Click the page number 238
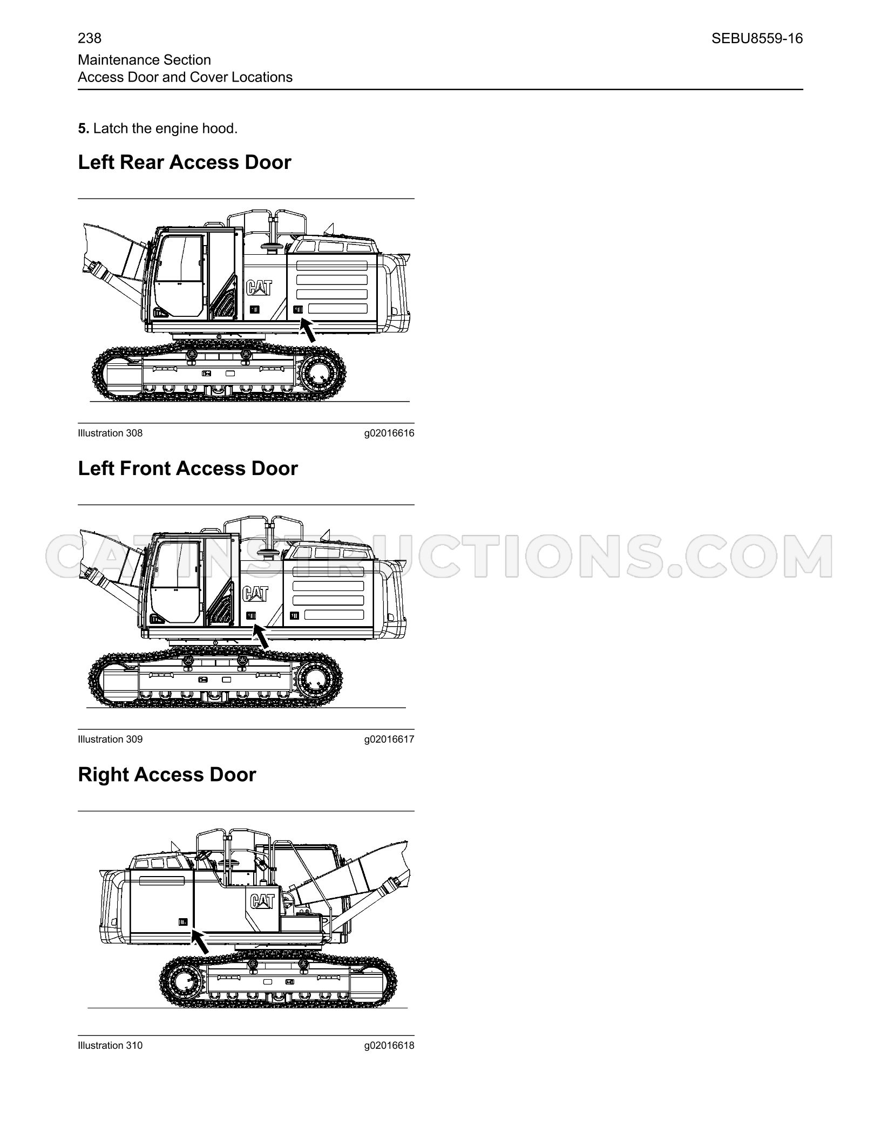click(90, 38)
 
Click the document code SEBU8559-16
click(757, 38)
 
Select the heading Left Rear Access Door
click(185, 162)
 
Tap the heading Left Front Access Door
click(188, 468)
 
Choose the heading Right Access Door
click(167, 774)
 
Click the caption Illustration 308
click(110, 433)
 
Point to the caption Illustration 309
click(110, 739)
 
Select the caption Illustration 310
click(110, 1045)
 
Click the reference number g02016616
click(389, 433)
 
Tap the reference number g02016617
click(389, 739)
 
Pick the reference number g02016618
click(389, 1045)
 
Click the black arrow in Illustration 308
click(308, 330)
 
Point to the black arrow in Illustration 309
click(261, 636)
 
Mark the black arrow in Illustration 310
click(200, 942)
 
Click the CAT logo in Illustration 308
click(260, 288)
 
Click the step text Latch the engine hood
click(165, 128)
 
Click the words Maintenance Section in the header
click(144, 60)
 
